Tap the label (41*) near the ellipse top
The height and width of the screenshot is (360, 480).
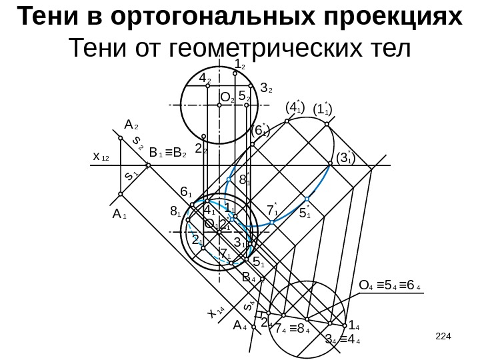pos(294,107)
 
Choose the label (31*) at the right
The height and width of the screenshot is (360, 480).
pos(345,158)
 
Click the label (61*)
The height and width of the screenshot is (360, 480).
pos(260,132)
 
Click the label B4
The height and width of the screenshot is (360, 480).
pos(249,277)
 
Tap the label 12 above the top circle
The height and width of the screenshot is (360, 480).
pos(241,65)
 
